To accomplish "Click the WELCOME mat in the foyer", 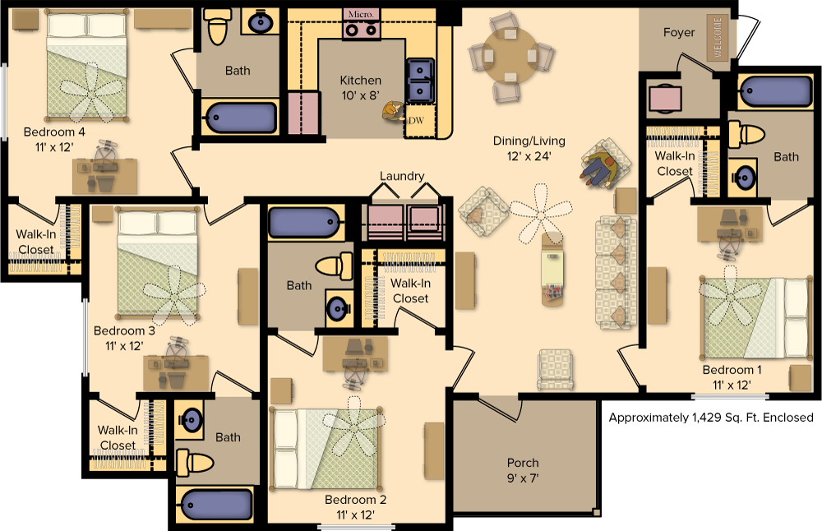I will click(716, 38).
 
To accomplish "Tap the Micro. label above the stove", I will click(361, 14).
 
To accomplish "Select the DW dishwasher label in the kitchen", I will click(416, 121).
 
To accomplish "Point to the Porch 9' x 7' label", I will click(523, 469).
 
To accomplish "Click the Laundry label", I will click(402, 176).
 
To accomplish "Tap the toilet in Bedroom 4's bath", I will click(217, 26).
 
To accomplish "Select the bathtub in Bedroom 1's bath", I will click(774, 91).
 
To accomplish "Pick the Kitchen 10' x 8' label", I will click(361, 87).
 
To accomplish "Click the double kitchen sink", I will click(420, 80).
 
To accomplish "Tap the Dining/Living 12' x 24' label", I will click(529, 147).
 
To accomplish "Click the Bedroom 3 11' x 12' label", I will click(124, 338).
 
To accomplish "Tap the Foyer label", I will click(679, 33).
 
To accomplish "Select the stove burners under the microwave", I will click(362, 30).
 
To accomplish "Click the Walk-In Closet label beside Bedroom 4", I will click(35, 242).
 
